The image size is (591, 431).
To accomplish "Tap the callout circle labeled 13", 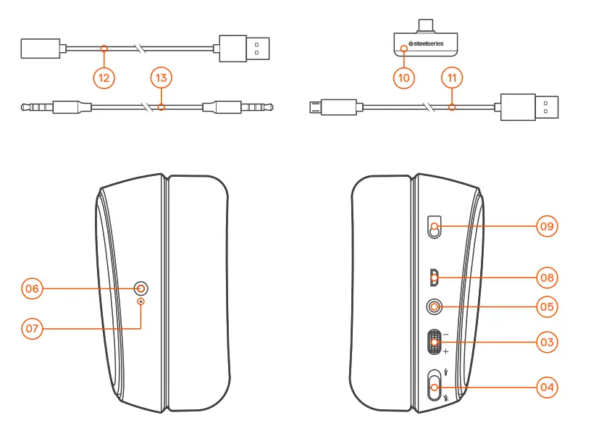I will tap(162, 77).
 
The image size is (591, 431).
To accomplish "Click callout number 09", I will tap(548, 226).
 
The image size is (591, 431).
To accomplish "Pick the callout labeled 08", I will tap(548, 277).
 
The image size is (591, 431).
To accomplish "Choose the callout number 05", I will tap(548, 306).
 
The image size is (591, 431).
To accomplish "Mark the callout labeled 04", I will tap(548, 388).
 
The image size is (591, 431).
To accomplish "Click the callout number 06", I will tap(32, 288).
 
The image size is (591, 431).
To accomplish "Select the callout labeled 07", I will tap(32, 328).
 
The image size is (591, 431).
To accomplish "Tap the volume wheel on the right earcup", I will tap(434, 342).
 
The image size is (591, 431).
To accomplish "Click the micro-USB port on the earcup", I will tap(434, 275).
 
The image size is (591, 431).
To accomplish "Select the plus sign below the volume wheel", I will tap(446, 351).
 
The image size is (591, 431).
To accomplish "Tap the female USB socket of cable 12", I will tap(41, 49).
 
